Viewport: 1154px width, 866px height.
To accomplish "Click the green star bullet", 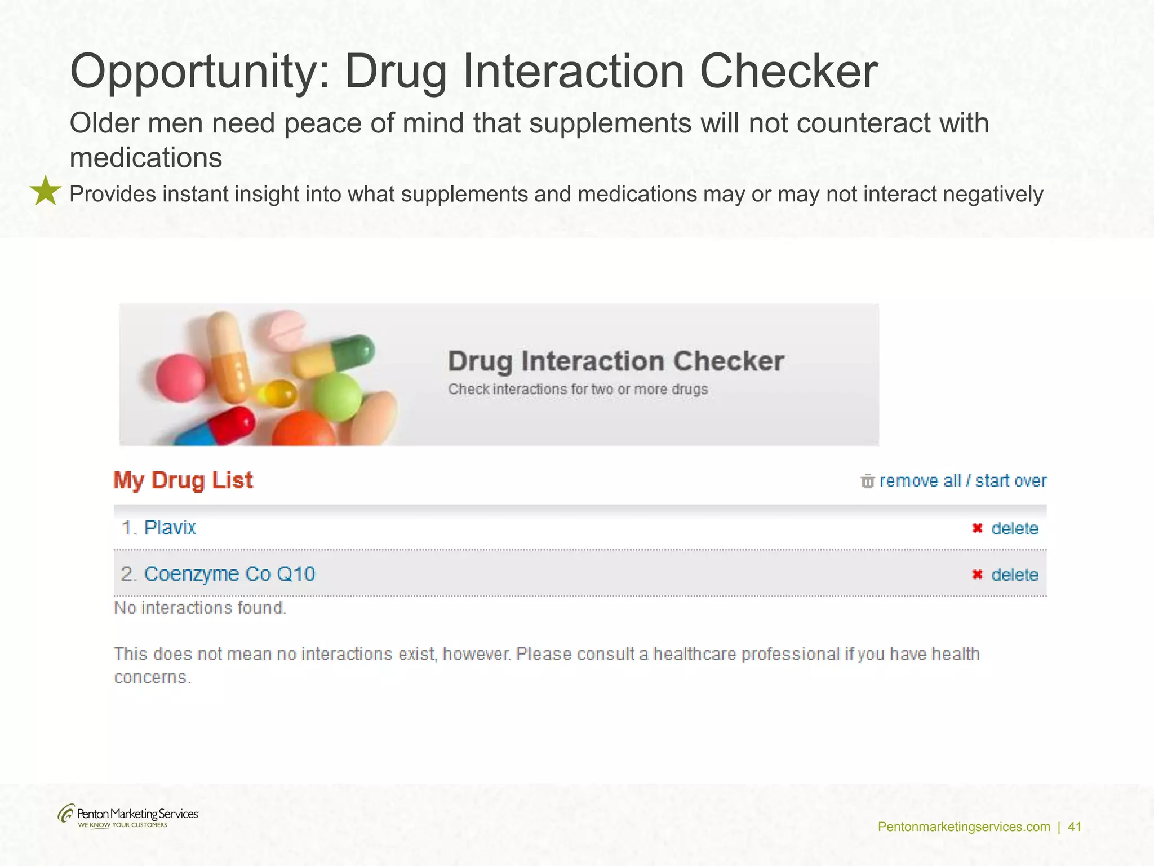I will click(45, 191).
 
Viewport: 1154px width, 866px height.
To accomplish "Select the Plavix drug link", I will click(170, 528).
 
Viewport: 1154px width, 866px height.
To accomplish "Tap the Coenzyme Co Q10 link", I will click(229, 574).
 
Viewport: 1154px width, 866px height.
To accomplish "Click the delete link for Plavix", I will click(1014, 529).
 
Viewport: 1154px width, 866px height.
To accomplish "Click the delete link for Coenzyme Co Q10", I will click(1014, 575).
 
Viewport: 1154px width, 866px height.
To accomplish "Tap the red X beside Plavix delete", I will click(978, 528).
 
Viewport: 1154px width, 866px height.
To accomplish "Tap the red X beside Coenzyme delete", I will click(978, 575).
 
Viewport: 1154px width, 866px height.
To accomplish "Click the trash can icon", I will click(867, 481).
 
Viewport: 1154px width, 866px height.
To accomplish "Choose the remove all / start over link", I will click(962, 481).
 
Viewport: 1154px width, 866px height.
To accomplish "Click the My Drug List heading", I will click(183, 480).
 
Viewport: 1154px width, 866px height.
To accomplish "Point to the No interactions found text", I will click(200, 608).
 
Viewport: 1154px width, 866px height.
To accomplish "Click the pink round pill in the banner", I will click(180, 378).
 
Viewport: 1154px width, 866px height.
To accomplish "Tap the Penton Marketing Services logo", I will click(128, 816).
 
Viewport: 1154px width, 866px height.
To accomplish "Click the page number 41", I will click(1075, 827).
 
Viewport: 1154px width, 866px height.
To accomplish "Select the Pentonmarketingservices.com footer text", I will click(964, 827).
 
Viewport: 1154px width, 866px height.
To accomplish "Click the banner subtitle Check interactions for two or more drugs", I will click(578, 390).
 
